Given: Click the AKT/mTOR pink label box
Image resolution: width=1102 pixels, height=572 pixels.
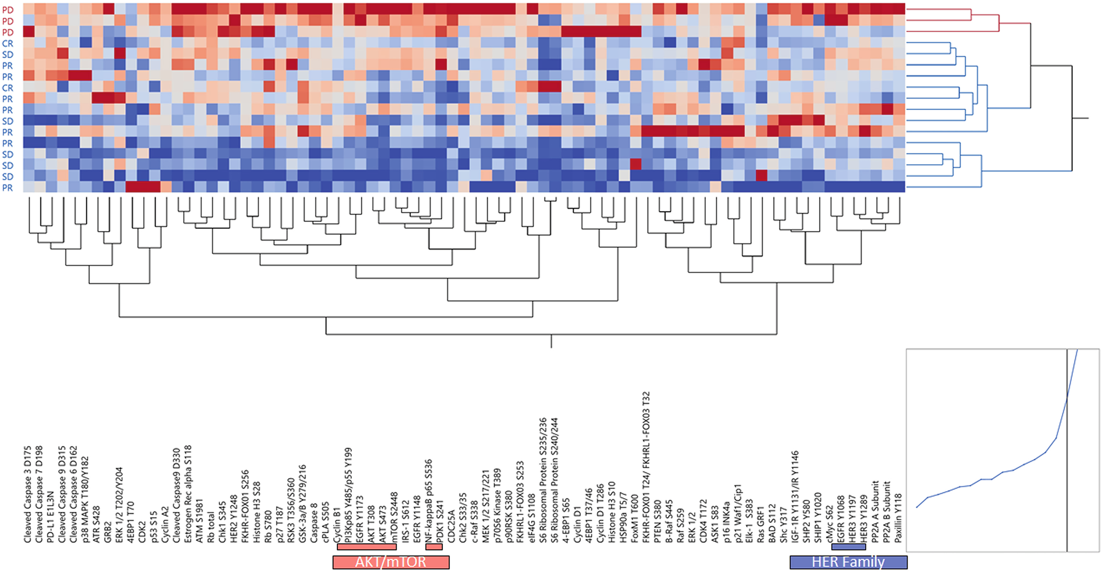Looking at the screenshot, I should [391, 562].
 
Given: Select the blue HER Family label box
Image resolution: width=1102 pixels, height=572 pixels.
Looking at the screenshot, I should [848, 562].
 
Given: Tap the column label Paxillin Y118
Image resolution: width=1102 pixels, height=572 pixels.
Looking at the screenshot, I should [898, 518].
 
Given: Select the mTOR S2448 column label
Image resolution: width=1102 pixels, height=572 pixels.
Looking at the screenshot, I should [394, 517].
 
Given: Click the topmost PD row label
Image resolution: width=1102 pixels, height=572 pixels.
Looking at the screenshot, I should [8, 10].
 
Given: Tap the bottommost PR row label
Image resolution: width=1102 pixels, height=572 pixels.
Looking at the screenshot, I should [8, 188].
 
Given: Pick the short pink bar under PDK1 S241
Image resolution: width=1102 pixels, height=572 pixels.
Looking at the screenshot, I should [434, 547].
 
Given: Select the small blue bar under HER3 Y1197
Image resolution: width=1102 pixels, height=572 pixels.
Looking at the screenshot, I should [849, 547].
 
